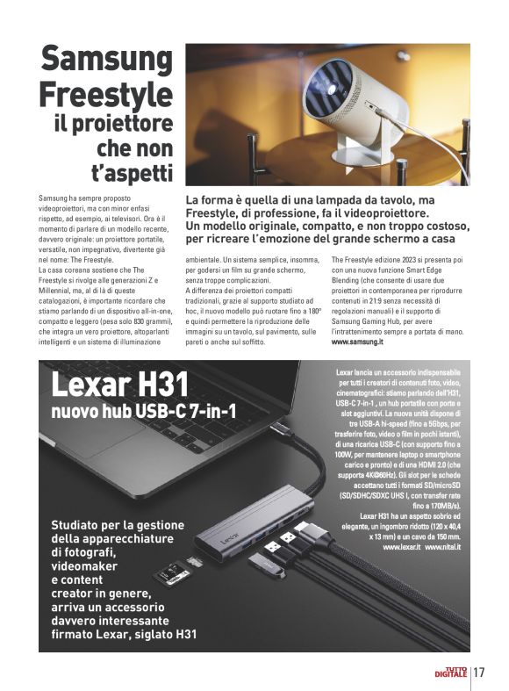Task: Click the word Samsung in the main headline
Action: click(x=109, y=60)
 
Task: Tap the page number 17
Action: click(x=479, y=673)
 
